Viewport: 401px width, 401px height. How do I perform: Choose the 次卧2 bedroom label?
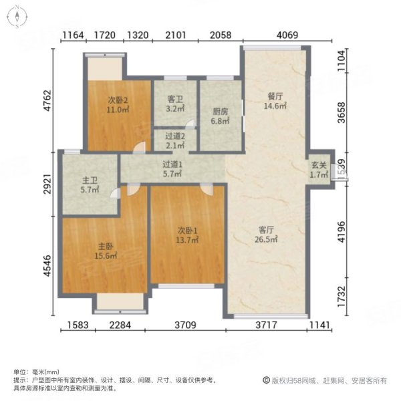coord(117,104)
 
